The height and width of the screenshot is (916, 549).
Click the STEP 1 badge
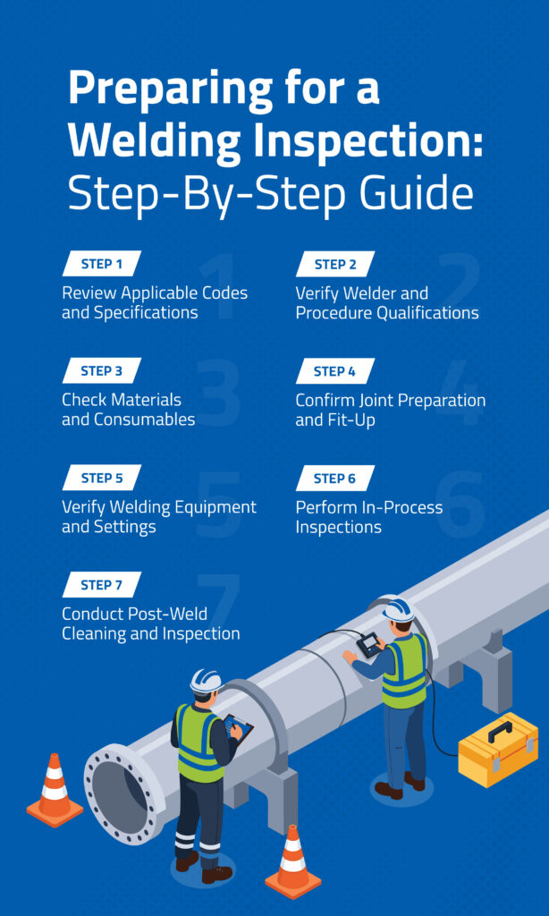(x=102, y=264)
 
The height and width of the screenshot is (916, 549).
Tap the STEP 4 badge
(x=334, y=371)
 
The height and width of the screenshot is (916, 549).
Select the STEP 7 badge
(x=102, y=585)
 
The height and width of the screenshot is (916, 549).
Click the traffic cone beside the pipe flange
(x=55, y=791)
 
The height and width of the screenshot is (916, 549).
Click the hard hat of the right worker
(x=399, y=609)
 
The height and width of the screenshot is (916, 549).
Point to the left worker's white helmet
(x=206, y=681)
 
